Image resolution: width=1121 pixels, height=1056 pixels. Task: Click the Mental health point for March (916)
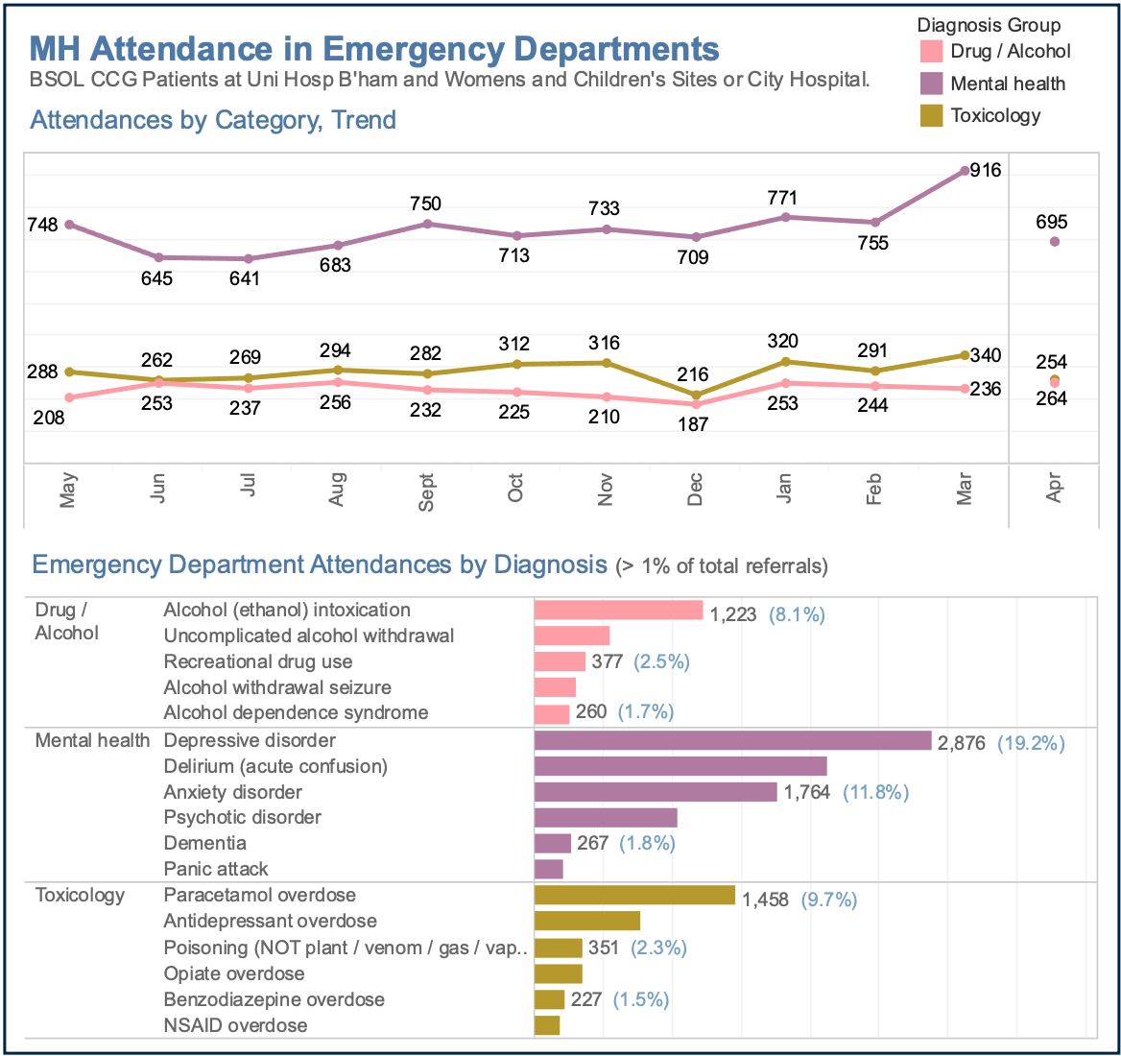(964, 171)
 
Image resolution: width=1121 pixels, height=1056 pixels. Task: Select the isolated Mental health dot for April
(1054, 242)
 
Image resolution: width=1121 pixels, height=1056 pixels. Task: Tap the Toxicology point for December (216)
(695, 395)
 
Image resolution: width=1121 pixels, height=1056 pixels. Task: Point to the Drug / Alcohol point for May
(68, 397)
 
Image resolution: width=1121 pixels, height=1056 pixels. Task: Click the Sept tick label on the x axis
(426, 492)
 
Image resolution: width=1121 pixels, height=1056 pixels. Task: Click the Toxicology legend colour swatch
(931, 116)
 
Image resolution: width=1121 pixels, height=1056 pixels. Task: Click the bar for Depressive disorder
(732, 740)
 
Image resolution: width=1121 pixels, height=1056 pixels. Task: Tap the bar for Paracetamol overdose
(634, 896)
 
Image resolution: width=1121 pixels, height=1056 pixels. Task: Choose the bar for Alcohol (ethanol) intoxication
(619, 611)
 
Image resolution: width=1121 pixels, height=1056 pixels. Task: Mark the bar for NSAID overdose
(546, 1025)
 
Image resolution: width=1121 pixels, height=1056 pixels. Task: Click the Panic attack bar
(548, 869)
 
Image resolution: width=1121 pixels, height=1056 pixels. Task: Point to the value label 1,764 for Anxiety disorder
(806, 793)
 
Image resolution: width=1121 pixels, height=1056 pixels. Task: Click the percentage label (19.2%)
(1031, 743)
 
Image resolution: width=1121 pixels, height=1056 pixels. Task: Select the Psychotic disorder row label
(242, 818)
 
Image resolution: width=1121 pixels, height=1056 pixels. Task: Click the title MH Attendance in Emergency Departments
(374, 50)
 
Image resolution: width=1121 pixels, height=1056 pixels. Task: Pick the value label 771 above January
(783, 199)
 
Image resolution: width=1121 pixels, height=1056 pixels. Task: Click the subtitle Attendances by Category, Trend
(213, 120)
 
